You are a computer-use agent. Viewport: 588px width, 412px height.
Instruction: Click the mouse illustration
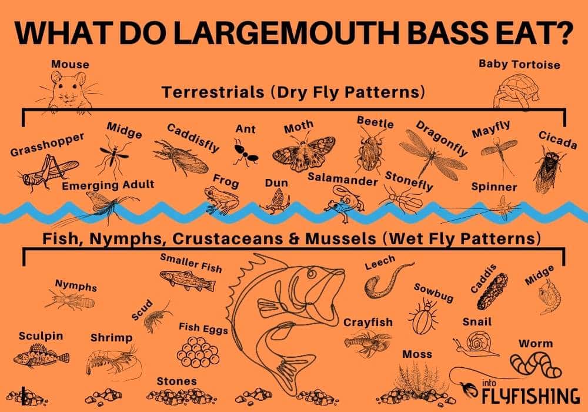coord(68,91)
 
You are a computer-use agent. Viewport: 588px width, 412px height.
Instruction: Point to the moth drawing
coord(303,152)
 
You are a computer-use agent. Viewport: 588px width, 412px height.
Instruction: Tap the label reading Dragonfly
coord(442,138)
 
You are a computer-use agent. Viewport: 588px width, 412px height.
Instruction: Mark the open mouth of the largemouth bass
coord(329,288)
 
